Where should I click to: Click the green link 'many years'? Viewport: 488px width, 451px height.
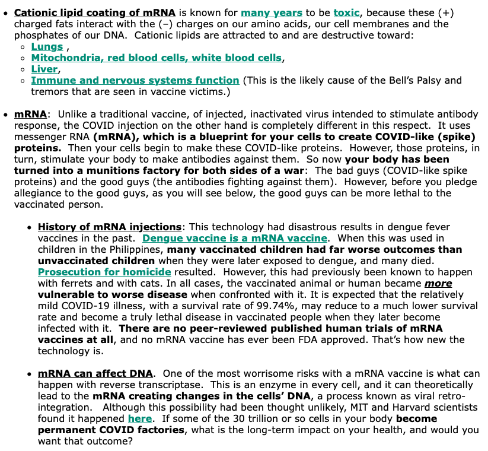coord(272,12)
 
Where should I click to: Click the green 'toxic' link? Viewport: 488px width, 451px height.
coord(346,12)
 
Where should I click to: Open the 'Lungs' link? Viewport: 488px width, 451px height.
coord(47,46)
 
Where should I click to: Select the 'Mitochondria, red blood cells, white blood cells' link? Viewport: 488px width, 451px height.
coord(157,58)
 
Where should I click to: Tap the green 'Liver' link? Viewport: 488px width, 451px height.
coord(44,69)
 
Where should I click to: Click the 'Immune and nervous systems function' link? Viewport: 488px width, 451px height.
coord(135,80)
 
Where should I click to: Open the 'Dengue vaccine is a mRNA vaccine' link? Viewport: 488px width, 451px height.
coord(235,238)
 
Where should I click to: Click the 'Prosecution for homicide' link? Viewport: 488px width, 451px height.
coord(104,272)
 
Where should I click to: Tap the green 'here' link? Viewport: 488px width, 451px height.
coord(139,418)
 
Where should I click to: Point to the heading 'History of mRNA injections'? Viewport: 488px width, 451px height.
coord(110,227)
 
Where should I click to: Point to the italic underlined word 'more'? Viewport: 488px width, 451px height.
coord(438,283)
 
